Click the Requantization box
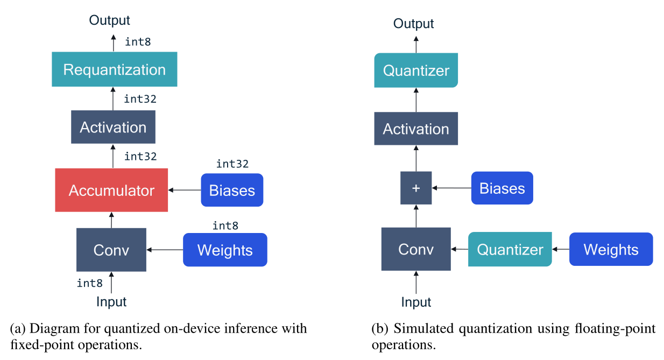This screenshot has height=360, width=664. click(x=114, y=69)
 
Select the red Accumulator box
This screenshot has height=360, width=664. click(x=111, y=190)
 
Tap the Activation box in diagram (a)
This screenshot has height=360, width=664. click(x=113, y=128)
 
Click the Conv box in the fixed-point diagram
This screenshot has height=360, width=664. click(x=111, y=250)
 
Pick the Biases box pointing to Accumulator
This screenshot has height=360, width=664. click(x=232, y=190)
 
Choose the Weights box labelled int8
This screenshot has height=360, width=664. click(x=225, y=250)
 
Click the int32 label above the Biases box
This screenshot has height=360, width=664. click(x=232, y=164)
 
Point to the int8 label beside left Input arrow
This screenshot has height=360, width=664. click(x=90, y=283)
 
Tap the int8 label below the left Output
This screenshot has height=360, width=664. click(x=138, y=41)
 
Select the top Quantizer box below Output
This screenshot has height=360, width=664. click(x=416, y=70)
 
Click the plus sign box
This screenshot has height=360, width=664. click(x=416, y=188)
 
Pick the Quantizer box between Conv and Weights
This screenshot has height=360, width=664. click(x=510, y=250)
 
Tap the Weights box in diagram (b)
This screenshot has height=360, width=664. click(x=611, y=250)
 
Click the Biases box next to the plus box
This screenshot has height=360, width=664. click(x=502, y=188)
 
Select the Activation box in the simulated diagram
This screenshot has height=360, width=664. click(x=416, y=129)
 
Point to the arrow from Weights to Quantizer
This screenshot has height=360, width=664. click(x=561, y=250)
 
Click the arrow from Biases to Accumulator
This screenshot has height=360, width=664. click(x=185, y=190)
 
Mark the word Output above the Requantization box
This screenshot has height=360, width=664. click(x=110, y=20)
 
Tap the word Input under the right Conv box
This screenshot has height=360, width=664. click(x=416, y=302)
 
